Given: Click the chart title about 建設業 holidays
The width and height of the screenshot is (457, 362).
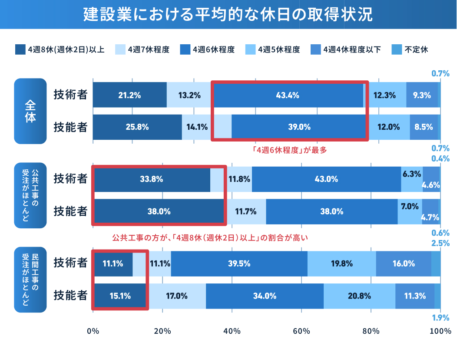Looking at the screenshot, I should (x=228, y=14).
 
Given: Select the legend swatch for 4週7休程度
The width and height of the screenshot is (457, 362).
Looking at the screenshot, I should (x=121, y=49).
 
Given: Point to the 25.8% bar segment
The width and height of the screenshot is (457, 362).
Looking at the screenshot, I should (x=137, y=127).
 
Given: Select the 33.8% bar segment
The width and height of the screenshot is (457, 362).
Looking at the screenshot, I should (x=152, y=179).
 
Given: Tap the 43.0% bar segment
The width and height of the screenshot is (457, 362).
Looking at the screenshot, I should (x=326, y=179).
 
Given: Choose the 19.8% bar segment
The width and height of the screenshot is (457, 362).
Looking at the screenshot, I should (x=341, y=263).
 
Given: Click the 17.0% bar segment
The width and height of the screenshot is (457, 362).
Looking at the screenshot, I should (x=176, y=296).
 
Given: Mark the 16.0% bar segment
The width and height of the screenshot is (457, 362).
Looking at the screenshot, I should (x=404, y=263).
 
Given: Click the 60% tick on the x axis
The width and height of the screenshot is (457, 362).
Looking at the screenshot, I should (x=301, y=331).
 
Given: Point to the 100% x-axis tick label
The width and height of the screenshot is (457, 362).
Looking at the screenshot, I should (x=440, y=331).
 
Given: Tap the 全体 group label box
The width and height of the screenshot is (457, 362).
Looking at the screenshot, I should (x=30, y=111).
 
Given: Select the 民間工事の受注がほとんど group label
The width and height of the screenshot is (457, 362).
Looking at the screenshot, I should (x=30, y=280).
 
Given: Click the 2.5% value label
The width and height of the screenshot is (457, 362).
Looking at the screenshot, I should (x=440, y=243).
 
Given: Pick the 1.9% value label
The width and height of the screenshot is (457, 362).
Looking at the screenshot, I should (x=440, y=317).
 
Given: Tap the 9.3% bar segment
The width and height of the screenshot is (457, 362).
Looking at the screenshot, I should (x=422, y=95).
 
